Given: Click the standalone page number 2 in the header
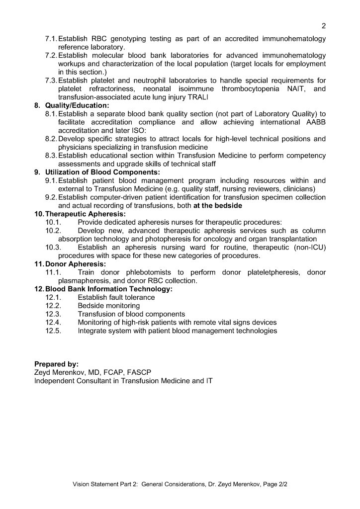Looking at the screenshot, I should coord(324,26).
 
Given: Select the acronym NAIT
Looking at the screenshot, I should coord(295,88).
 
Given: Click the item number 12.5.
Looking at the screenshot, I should coord(53,331).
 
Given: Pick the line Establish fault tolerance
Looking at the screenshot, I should coord(116,298).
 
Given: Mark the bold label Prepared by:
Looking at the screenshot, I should coord(56,364).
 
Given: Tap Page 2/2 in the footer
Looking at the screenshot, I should coord(272,484).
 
